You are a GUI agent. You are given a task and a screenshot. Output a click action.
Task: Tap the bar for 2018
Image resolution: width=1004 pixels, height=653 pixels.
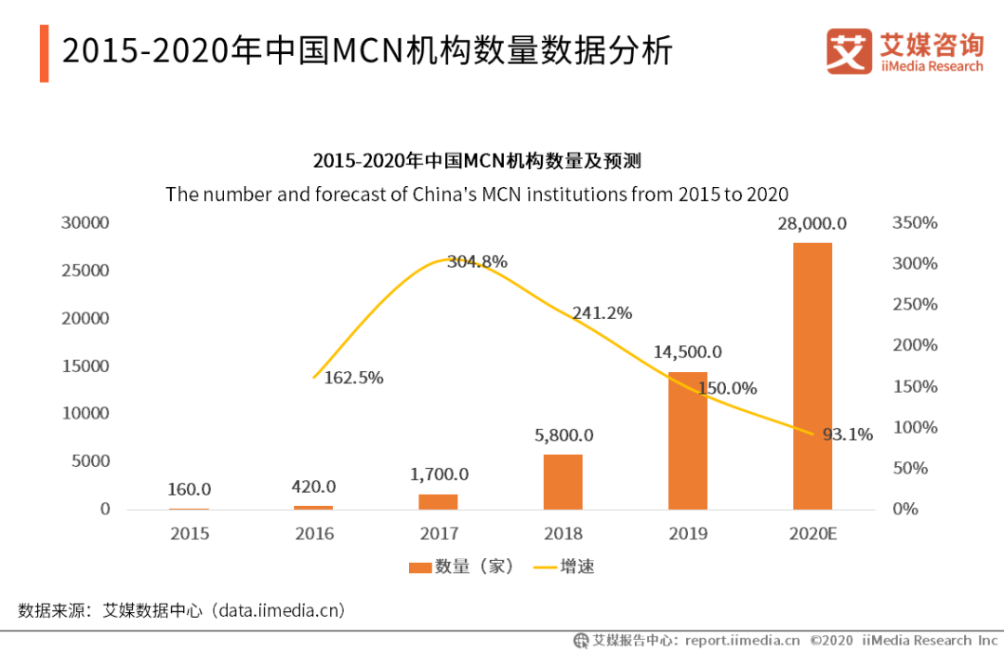[x=563, y=481]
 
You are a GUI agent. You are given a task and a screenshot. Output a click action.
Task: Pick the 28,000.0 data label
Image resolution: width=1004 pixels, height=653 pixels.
[x=812, y=223]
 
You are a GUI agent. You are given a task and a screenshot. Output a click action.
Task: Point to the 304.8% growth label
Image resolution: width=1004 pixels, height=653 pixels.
[x=477, y=262]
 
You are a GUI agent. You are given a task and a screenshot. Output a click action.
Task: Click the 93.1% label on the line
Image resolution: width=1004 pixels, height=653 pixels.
[x=848, y=433]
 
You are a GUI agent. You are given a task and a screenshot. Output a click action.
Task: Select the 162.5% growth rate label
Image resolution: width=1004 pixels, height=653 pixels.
[x=353, y=378]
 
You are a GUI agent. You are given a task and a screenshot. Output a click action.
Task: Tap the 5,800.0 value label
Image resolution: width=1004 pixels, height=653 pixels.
[x=563, y=434]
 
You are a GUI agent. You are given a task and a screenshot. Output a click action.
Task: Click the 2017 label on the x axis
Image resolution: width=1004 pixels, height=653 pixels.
[x=439, y=533]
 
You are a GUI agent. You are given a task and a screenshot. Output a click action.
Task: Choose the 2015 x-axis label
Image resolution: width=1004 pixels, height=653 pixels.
[x=190, y=533]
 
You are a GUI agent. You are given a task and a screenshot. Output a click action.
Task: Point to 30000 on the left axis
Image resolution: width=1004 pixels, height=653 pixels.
[x=85, y=223]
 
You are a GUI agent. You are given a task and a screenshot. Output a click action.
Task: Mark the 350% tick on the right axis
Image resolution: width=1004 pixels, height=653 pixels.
[x=915, y=223]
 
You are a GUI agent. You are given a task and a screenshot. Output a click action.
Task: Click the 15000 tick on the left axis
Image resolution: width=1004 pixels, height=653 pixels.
[x=85, y=366]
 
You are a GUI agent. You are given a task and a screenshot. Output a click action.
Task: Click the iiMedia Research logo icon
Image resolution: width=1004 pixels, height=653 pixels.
[x=849, y=51]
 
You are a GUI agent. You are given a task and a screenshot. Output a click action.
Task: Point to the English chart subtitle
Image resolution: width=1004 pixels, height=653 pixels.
[x=477, y=194]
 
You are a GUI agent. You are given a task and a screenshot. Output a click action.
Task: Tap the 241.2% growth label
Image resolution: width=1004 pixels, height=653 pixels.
[x=601, y=313]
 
